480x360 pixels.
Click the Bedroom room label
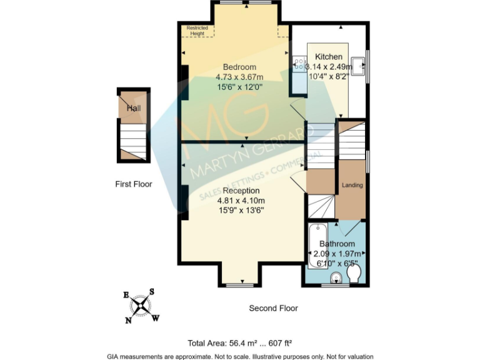(240, 67)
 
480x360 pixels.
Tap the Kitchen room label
(328, 56)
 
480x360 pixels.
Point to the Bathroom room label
(337, 244)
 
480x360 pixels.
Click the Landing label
(352, 186)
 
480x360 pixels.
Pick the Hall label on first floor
(134, 108)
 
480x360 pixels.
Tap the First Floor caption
(134, 184)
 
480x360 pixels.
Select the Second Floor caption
(273, 308)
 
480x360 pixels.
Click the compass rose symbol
(141, 306)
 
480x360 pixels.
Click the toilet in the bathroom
(354, 274)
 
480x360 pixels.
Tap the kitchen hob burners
(298, 64)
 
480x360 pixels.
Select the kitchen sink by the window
(358, 66)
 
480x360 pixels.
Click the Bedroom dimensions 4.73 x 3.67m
(240, 77)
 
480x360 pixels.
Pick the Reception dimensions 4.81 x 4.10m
(241, 201)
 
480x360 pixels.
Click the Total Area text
(240, 342)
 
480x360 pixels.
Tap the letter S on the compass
(151, 292)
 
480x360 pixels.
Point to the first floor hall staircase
(134, 136)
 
